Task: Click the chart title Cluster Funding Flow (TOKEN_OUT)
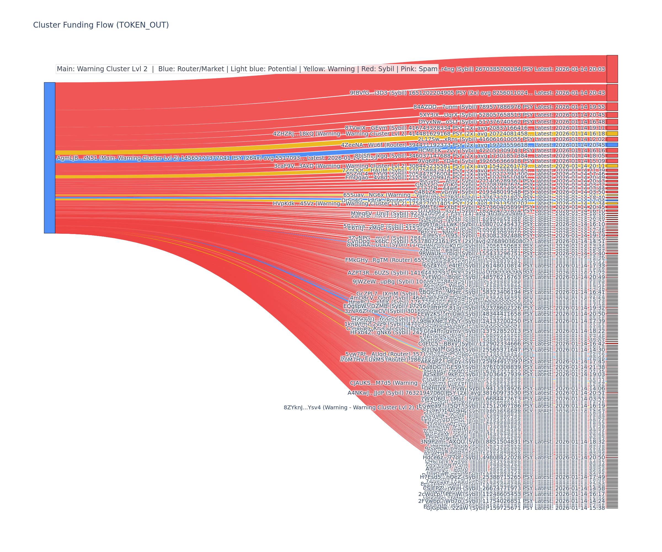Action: coord(101,25)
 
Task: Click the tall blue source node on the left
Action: coord(49,158)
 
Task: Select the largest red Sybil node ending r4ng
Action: coord(612,69)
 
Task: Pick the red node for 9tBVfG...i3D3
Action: coord(612,93)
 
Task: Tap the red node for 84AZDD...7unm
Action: coord(612,107)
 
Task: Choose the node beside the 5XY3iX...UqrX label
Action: coord(612,115)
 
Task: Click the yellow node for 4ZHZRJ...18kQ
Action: coord(612,133)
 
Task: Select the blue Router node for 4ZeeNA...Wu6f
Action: coord(612,145)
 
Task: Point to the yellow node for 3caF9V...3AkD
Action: coord(612,166)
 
